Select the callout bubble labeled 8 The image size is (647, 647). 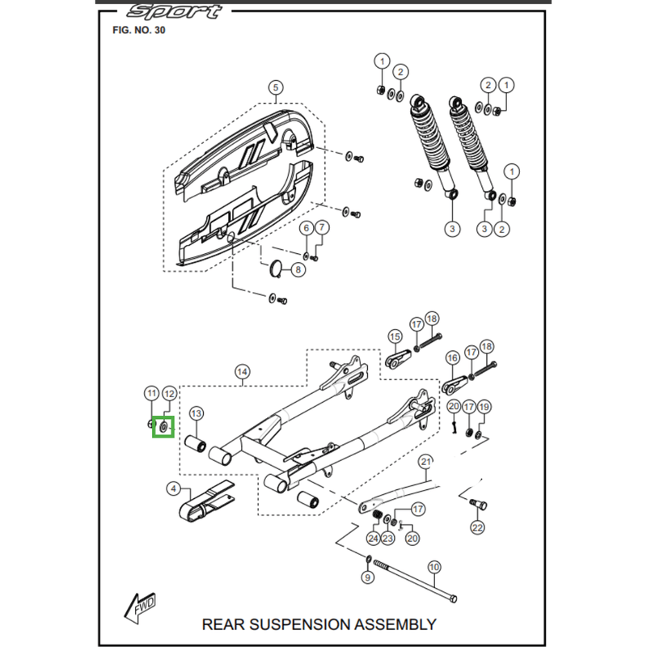298,269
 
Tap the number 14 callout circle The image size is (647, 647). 242,372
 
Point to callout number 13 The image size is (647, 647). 196,414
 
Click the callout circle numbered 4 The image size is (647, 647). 173,488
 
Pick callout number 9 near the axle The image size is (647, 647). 366,578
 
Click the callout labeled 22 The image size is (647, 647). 477,528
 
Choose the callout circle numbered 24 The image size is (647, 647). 373,539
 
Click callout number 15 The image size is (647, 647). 395,336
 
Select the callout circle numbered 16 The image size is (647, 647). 451,357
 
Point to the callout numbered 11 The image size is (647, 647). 151,393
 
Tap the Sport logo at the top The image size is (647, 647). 174,11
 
